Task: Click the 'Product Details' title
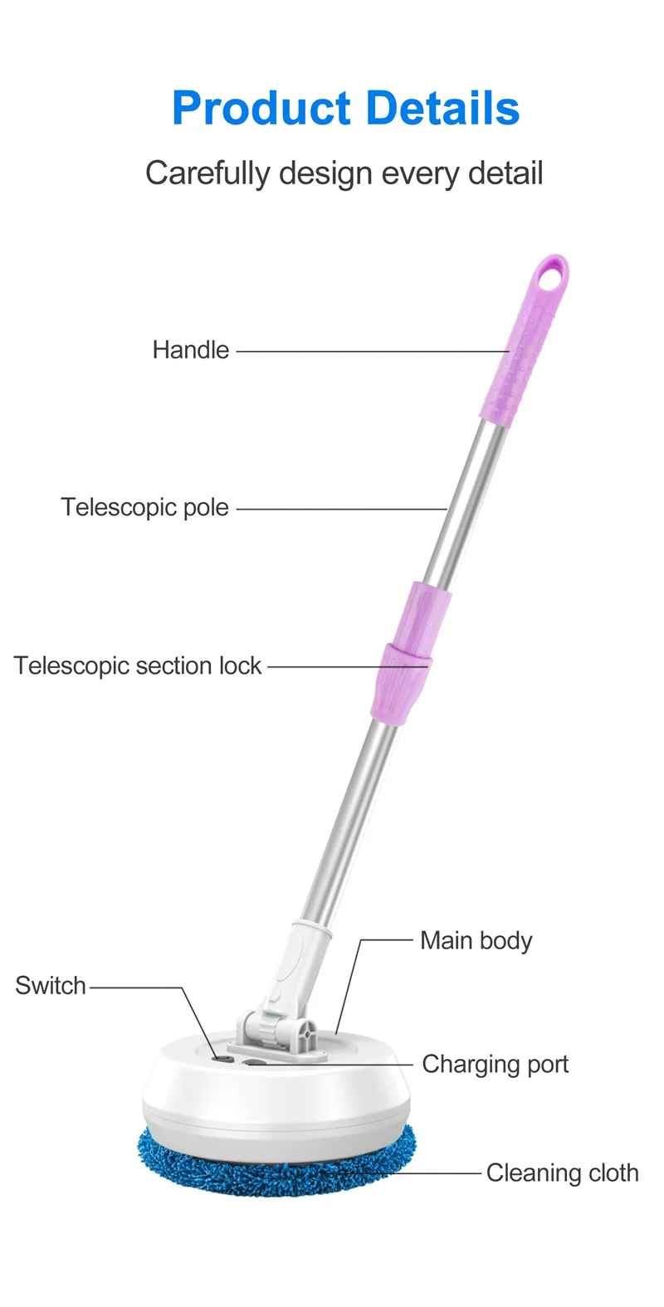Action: (x=345, y=109)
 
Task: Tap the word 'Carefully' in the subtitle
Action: (x=207, y=174)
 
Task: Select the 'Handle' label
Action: (x=191, y=350)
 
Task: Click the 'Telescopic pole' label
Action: (x=144, y=508)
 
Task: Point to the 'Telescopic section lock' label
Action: (x=138, y=666)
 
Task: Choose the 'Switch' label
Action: (x=51, y=986)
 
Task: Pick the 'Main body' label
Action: (x=476, y=941)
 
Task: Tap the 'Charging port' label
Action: (x=495, y=1064)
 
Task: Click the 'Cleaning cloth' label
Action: (x=563, y=1173)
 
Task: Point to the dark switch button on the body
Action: (x=222, y=1059)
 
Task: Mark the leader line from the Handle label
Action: (x=373, y=351)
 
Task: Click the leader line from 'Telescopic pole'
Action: (x=342, y=509)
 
